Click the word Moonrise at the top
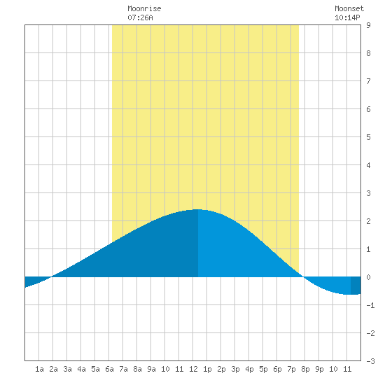(x=144, y=8)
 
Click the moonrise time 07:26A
(x=140, y=17)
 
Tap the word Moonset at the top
(x=349, y=8)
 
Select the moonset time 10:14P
(x=347, y=17)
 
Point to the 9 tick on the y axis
(x=368, y=25)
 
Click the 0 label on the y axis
(x=368, y=277)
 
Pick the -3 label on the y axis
(x=370, y=361)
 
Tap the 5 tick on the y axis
(x=368, y=137)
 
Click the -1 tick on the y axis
(x=370, y=305)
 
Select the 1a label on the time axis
(x=39, y=369)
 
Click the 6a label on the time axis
(x=109, y=369)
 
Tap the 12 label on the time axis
(x=193, y=369)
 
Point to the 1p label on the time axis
(x=207, y=369)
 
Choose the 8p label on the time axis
(x=305, y=369)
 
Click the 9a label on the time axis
(x=151, y=369)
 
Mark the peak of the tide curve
(x=198, y=209)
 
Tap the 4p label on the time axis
(x=249, y=369)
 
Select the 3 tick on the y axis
(x=368, y=193)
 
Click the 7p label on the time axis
(x=291, y=369)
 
